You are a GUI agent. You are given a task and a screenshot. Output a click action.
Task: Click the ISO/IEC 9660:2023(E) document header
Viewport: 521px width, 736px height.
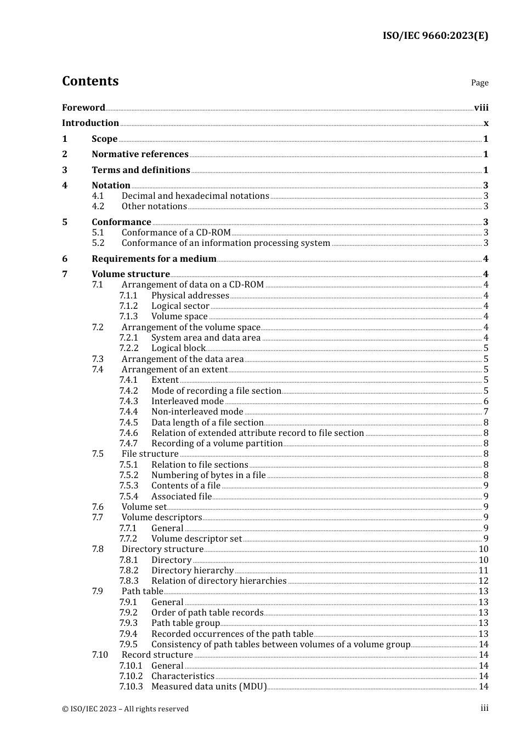[435, 36]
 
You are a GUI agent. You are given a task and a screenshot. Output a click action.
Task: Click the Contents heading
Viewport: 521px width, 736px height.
[90, 81]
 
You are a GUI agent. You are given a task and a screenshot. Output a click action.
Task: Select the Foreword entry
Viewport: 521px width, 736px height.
[83, 108]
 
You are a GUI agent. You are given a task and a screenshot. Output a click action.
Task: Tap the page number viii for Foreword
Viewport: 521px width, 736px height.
[481, 108]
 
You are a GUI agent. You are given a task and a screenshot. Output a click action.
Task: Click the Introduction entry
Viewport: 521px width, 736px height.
[90, 123]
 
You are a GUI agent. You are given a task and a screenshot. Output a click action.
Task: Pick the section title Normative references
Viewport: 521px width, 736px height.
[140, 154]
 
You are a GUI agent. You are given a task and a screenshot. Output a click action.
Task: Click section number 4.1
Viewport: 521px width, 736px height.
[98, 196]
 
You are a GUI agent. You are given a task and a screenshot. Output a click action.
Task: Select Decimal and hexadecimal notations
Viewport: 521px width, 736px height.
[195, 196]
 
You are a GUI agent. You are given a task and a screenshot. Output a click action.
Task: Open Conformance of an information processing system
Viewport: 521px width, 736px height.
[226, 243]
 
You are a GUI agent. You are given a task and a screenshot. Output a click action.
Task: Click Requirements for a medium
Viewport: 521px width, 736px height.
[154, 259]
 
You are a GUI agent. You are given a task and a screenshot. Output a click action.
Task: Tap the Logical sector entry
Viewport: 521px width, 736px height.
[180, 306]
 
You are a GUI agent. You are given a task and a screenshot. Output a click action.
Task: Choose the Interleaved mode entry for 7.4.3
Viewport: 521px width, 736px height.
[188, 401]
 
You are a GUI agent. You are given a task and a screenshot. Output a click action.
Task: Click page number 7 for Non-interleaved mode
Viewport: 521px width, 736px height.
[485, 412]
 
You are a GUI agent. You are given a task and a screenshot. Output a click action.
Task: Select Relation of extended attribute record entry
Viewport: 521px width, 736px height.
[258, 433]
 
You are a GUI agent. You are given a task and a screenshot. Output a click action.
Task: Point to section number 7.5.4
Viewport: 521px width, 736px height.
[128, 497]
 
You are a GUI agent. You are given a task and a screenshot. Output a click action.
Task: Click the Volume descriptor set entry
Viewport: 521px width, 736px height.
[196, 539]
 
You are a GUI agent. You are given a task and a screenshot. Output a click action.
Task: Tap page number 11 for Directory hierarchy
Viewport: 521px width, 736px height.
[483, 571]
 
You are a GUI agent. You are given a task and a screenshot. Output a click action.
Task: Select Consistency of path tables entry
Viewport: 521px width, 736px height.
[281, 645]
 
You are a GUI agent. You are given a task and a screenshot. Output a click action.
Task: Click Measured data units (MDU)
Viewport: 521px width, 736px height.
[209, 687]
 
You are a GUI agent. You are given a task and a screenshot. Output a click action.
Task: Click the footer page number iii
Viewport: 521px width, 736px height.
[484, 708]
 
